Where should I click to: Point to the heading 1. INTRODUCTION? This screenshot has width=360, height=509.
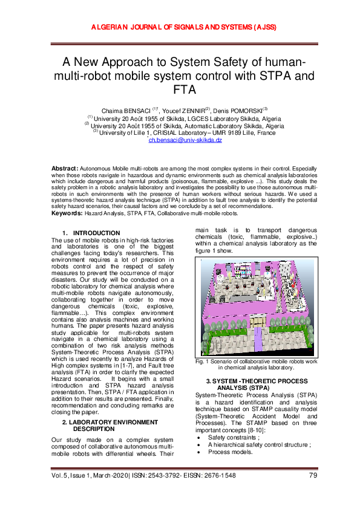point(95,233)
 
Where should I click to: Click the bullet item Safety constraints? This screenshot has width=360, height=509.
point(234,437)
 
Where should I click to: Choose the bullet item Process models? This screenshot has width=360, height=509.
point(231,452)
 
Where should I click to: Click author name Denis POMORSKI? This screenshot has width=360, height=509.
point(239,111)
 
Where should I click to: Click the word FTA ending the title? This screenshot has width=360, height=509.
point(179,90)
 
